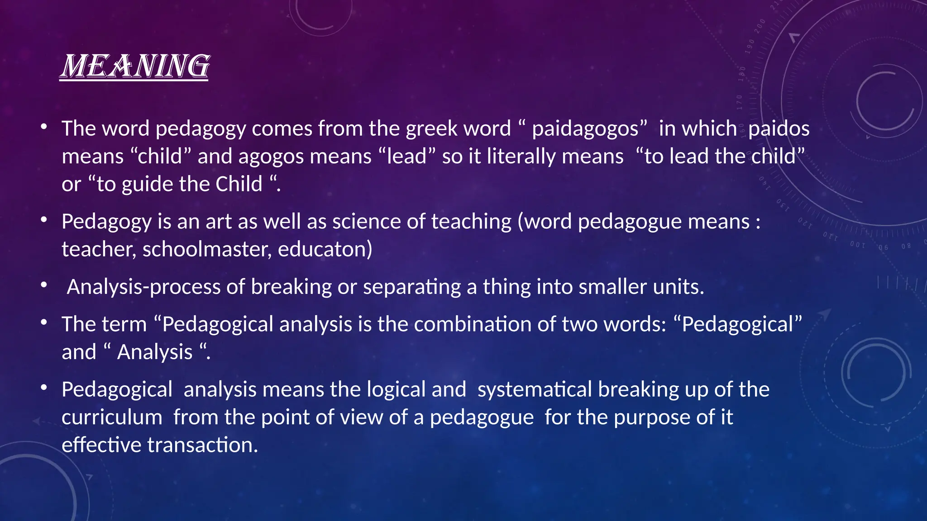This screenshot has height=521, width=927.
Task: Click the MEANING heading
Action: click(x=134, y=66)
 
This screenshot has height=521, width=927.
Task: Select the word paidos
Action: click(x=779, y=129)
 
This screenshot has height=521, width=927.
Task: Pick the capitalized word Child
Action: click(x=239, y=185)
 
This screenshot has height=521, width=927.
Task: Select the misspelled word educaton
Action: click(x=321, y=250)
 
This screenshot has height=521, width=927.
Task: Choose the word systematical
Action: click(x=535, y=390)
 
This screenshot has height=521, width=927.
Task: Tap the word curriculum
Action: click(x=112, y=417)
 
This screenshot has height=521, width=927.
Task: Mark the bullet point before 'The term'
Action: click(x=43, y=323)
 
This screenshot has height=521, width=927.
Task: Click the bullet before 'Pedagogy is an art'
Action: click(x=43, y=220)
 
